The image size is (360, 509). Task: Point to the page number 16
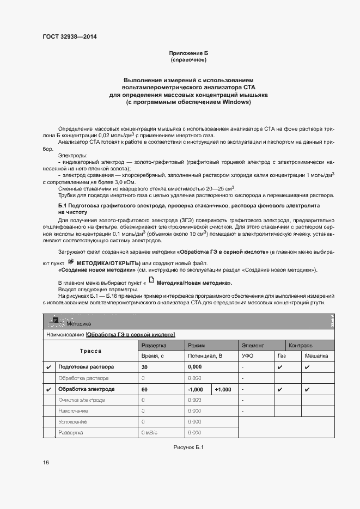point(46,462)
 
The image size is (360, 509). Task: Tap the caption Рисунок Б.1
point(188,446)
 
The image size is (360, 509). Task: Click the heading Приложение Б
point(188,53)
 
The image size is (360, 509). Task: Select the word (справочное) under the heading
point(188,60)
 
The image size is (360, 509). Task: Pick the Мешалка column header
point(316,355)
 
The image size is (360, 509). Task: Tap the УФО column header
point(248,355)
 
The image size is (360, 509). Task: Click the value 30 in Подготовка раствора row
point(145,367)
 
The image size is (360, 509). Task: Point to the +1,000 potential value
point(223,389)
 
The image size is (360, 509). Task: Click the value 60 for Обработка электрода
point(145,389)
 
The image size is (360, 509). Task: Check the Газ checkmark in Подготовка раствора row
point(279,367)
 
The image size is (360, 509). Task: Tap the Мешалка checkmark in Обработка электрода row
point(307,390)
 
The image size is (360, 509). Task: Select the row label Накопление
point(72,411)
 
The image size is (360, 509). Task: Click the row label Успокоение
point(72,422)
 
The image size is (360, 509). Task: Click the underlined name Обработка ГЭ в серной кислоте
point(130,334)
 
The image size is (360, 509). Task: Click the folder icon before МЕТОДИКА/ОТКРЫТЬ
point(70,262)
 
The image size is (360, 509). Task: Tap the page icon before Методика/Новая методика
point(151,282)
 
